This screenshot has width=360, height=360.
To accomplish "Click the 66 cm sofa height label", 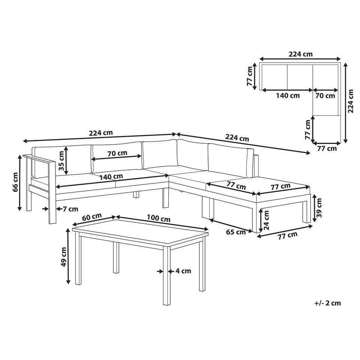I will [15, 183].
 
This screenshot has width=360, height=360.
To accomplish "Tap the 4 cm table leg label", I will [183, 271].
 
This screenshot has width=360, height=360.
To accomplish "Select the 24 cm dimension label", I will [267, 219].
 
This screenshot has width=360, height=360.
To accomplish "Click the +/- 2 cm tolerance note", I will [328, 303].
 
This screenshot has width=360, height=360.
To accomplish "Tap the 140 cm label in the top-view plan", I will [288, 96].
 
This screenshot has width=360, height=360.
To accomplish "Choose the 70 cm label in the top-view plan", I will [325, 96].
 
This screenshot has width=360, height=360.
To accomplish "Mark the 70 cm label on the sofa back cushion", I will [117, 153].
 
